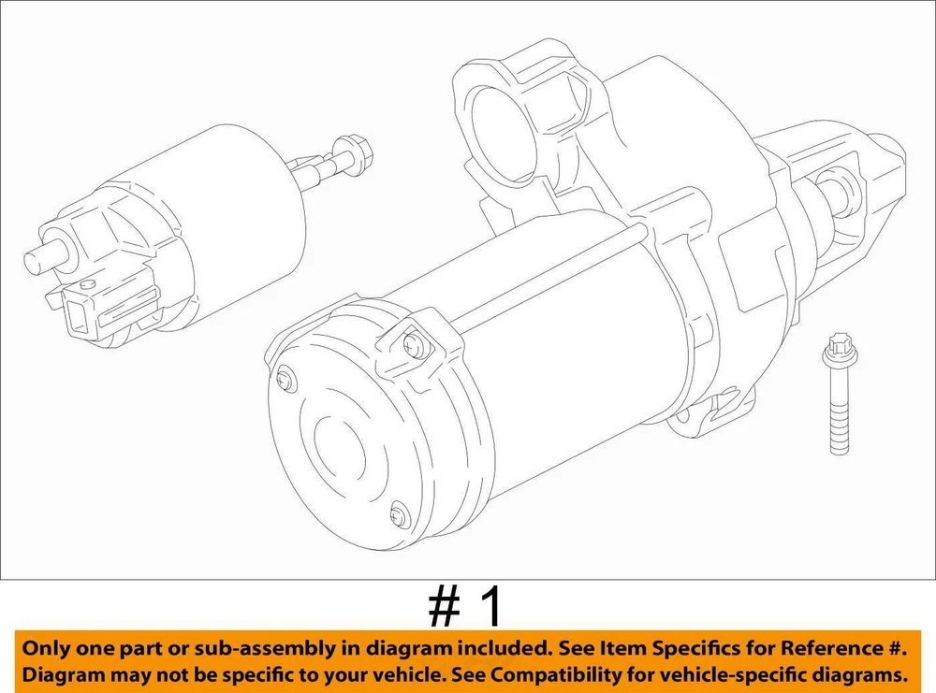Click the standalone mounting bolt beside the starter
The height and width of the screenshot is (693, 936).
[x=840, y=395]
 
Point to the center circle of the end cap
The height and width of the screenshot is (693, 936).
[x=339, y=447]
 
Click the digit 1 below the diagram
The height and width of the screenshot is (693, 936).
[x=490, y=608]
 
